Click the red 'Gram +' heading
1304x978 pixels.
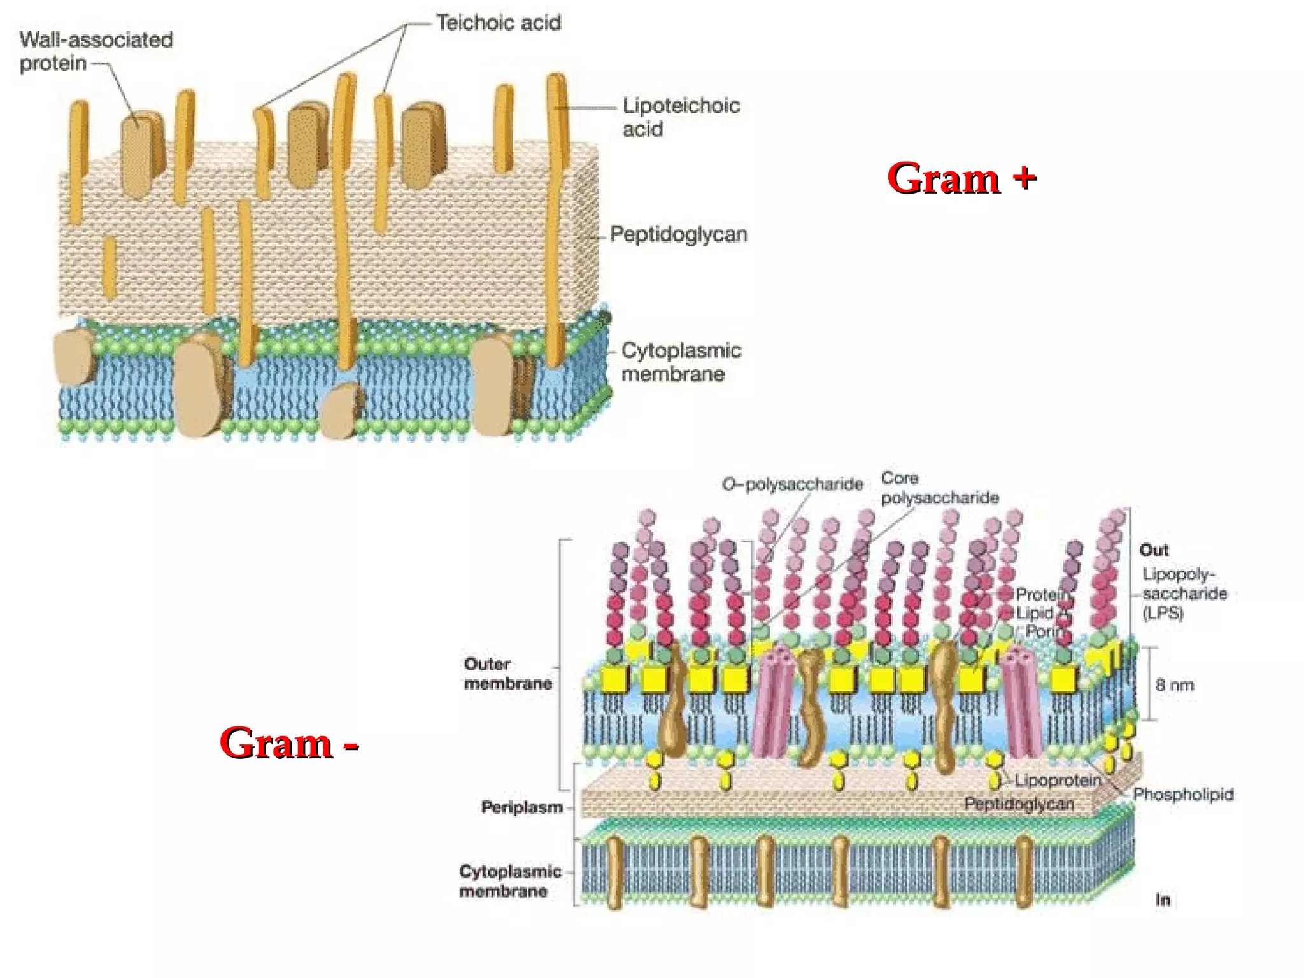click(x=961, y=178)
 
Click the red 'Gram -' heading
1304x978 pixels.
click(x=289, y=742)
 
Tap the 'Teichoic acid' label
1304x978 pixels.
click(x=499, y=24)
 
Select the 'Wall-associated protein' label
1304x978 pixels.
click(x=96, y=51)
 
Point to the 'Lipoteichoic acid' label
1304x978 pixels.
click(x=681, y=117)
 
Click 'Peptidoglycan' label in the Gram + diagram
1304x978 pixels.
click(x=678, y=234)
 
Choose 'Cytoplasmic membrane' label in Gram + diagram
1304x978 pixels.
click(x=681, y=362)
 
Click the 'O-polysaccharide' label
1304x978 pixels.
click(x=792, y=485)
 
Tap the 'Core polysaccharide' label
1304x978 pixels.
click(x=939, y=488)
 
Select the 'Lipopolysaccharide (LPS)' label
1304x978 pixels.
click(x=1184, y=593)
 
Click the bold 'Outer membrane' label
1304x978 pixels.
click(x=507, y=674)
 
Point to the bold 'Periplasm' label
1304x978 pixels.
click(x=522, y=807)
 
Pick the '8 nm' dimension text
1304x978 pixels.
click(x=1175, y=685)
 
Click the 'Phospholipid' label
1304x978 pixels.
click(x=1183, y=794)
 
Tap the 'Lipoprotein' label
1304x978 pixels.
click(x=1058, y=780)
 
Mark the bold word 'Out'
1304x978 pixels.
click(x=1154, y=550)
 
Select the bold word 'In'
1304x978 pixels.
click(x=1163, y=900)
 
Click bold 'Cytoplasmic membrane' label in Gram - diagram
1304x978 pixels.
click(x=509, y=881)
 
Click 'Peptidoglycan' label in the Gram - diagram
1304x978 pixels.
click(x=1019, y=804)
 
